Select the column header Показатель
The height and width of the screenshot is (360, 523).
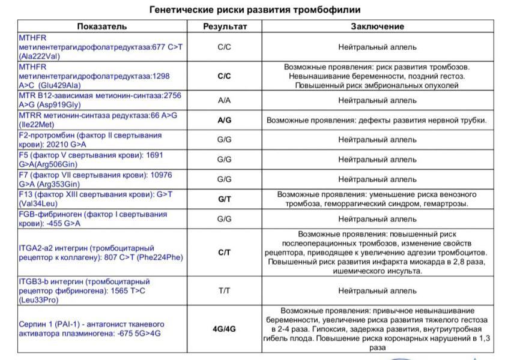[x=101, y=26]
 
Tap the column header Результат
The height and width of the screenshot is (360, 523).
[x=225, y=26]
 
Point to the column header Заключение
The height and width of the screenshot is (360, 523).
[x=377, y=26]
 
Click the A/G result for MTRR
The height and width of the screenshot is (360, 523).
[x=225, y=120]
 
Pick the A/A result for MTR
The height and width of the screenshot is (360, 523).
[x=225, y=100]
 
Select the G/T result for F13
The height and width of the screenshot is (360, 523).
[x=225, y=199]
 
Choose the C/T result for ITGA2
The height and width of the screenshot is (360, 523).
[x=225, y=253]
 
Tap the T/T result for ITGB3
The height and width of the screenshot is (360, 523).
[x=225, y=291]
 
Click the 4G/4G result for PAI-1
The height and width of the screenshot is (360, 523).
[x=225, y=329]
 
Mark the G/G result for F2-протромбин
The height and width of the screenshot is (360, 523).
[x=225, y=140]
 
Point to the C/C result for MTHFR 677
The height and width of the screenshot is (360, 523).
[x=225, y=47]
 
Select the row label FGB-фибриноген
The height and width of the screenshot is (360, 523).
[x=93, y=218]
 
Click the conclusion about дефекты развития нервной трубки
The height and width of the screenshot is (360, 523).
[x=376, y=120]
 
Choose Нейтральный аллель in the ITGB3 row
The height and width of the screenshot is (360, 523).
[x=377, y=291]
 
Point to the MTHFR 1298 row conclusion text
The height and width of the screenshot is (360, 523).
[x=377, y=76]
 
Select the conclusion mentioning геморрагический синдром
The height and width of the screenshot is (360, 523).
[x=377, y=199]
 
